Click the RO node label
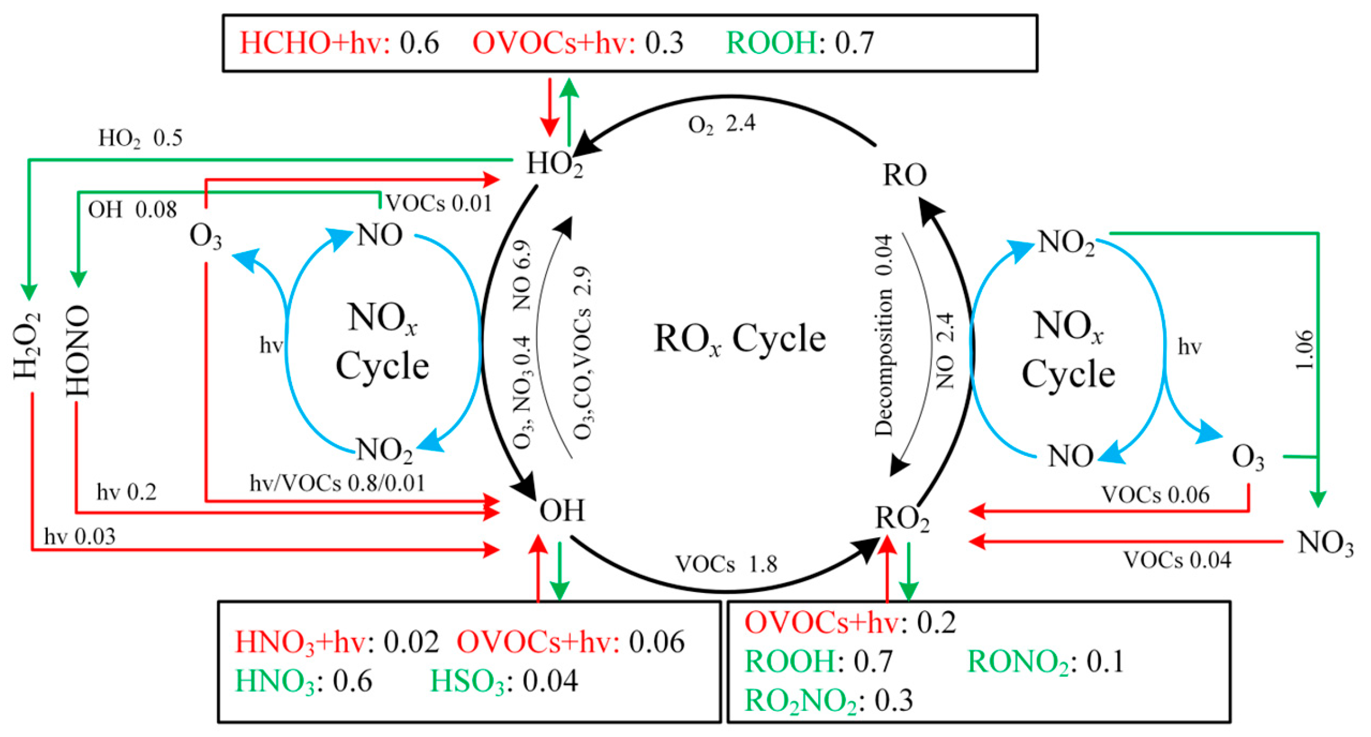pos(904,175)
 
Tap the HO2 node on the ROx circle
pos(554,164)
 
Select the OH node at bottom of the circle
pos(561,510)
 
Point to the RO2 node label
pos(901,518)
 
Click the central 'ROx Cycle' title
pos(739,339)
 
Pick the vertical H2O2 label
pos(27,345)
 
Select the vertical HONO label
pos(78,351)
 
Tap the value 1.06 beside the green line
pos(1304,349)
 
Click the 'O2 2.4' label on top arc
pos(721,123)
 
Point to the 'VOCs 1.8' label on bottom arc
pos(726,564)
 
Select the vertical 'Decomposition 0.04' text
pos(884,335)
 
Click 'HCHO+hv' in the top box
pos(314,43)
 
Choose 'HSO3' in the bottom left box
pos(467,681)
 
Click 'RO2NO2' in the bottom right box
pos(800,701)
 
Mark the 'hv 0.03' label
pos(80,537)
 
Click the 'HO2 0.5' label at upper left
pos(140,138)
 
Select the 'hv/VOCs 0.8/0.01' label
pos(337,483)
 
